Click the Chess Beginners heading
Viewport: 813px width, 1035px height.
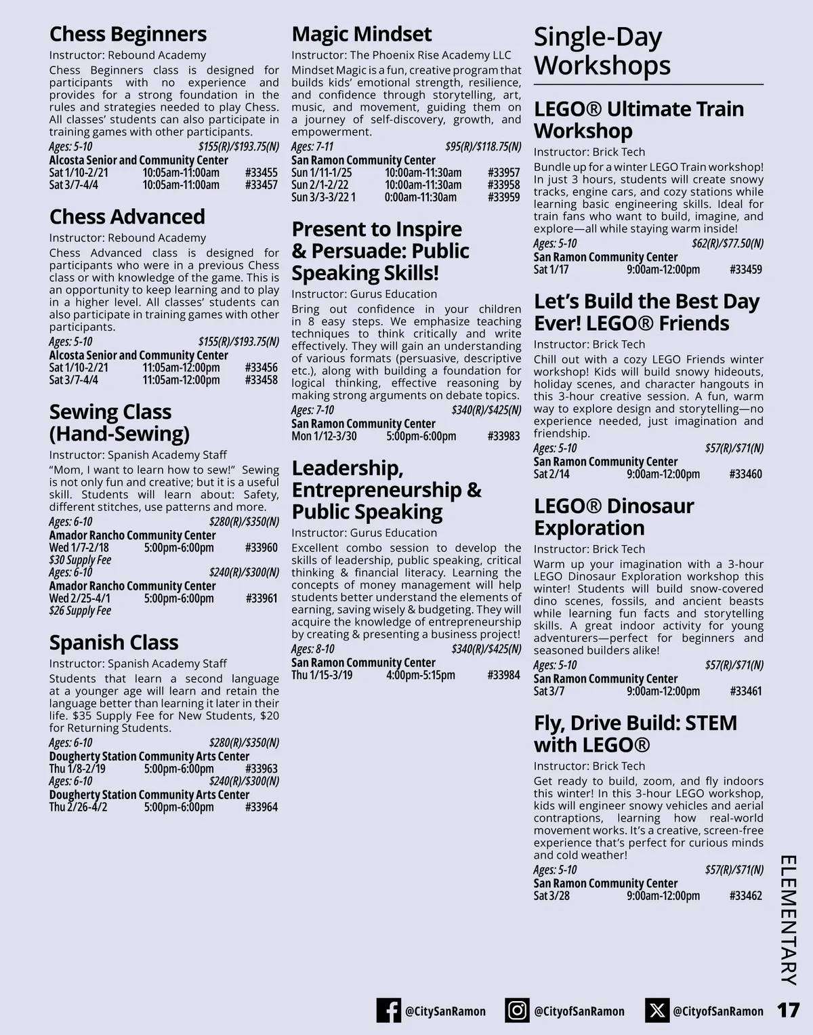127,34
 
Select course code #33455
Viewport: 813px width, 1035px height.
261,173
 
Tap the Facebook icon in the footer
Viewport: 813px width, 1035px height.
388,1011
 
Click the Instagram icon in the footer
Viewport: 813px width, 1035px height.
517,1011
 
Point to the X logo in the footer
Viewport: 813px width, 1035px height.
656,1011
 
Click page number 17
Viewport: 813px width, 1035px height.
788,1011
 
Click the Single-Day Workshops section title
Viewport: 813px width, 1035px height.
602,51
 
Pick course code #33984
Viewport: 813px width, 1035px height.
503,675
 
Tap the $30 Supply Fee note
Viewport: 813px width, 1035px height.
80,560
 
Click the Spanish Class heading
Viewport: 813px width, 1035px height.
114,642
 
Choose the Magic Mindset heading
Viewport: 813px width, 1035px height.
361,34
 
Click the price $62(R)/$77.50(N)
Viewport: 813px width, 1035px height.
727,243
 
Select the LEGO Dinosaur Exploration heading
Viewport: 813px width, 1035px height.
614,516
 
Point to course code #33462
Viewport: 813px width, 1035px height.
745,895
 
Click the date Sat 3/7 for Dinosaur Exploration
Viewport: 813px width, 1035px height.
549,691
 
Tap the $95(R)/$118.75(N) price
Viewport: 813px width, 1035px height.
483,146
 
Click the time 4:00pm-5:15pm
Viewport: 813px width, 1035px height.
420,675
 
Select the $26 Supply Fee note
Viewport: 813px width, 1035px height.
80,611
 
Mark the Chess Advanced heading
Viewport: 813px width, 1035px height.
127,217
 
